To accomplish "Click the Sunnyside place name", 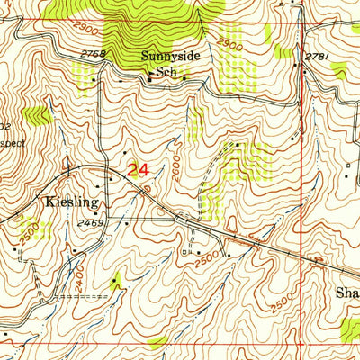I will point(168,55).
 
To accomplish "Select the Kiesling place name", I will point(67,202).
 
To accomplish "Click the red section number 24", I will point(138,169).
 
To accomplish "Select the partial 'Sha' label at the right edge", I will point(346,292).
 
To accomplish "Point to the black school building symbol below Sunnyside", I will point(150,80).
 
